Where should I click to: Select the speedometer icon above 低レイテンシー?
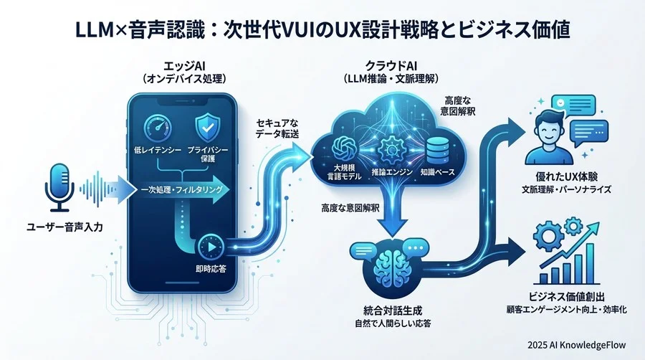(158, 129)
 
